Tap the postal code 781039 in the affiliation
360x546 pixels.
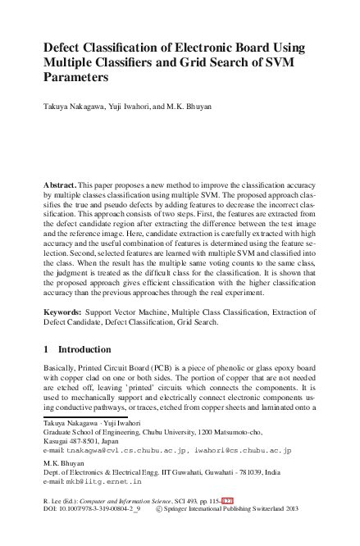tap(261, 475)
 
